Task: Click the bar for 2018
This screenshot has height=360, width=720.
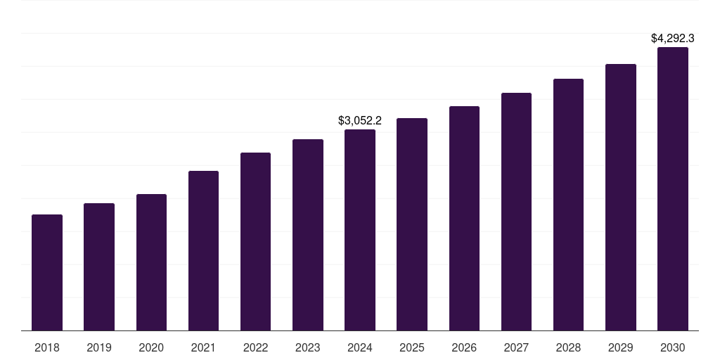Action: (47, 273)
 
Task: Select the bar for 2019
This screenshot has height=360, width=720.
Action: (99, 267)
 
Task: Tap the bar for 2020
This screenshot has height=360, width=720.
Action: (151, 262)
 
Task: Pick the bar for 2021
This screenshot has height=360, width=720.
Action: (203, 251)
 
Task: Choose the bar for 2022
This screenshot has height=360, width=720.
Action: (255, 242)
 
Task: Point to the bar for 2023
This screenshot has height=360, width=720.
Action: (308, 235)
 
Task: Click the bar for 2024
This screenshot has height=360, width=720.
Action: (360, 230)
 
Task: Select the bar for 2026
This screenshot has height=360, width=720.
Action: (464, 219)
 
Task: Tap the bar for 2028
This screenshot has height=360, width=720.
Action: (568, 205)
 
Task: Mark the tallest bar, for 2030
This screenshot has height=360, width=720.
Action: (673, 189)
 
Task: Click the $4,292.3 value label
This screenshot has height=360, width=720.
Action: (673, 38)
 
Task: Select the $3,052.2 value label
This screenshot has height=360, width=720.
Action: (360, 120)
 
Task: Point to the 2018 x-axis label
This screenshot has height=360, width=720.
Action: (47, 347)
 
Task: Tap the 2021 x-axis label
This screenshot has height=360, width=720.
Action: (203, 347)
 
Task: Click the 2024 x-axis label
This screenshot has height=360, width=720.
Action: (360, 347)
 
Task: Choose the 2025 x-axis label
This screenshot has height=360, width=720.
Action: (412, 347)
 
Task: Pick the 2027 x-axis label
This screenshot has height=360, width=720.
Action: (516, 347)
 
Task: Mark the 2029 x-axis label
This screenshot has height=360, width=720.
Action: (621, 347)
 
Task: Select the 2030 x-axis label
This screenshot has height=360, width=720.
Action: (673, 347)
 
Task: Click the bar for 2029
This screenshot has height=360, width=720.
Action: (621, 198)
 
